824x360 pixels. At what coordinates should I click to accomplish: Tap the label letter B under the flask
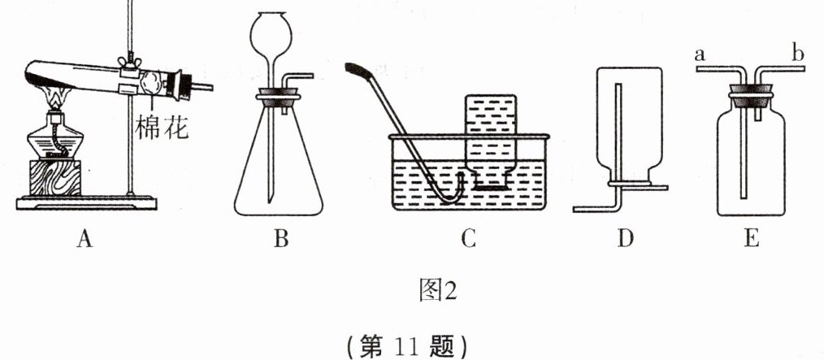coord(281,239)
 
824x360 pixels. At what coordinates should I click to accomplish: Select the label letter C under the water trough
coord(466,239)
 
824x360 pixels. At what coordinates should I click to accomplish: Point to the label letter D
coord(623,239)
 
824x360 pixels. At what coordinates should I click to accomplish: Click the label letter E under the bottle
coord(751,239)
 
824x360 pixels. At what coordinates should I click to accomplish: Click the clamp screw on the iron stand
coord(127,60)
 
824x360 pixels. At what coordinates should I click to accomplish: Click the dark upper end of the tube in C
coord(358,70)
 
